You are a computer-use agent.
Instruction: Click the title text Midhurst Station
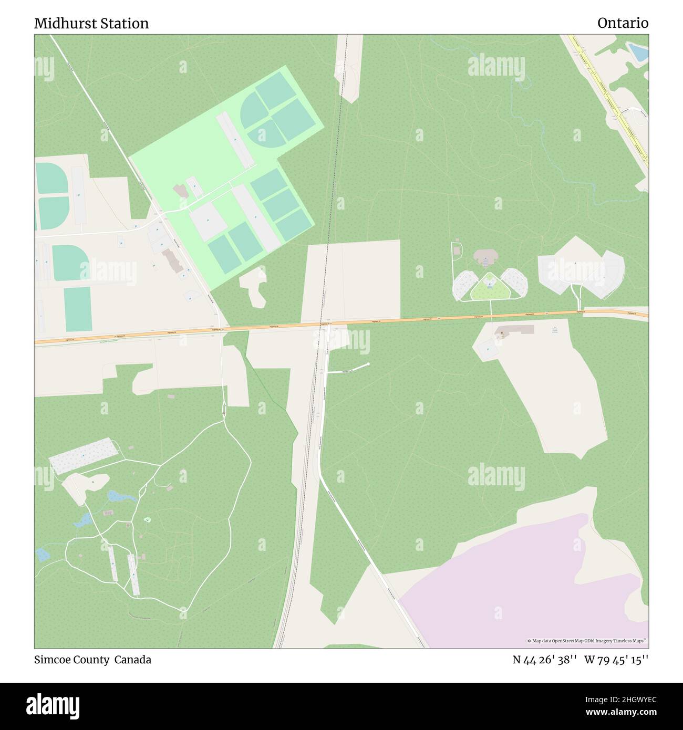(x=91, y=24)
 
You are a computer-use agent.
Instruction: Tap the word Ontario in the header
(x=623, y=24)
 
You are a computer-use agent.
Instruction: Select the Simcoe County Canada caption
(x=92, y=660)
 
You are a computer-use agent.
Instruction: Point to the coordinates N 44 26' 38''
(x=545, y=660)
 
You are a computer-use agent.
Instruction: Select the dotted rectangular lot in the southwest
(x=83, y=455)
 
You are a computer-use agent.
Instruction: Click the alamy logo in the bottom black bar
(x=53, y=705)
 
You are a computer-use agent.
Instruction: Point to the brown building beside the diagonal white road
(x=171, y=260)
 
